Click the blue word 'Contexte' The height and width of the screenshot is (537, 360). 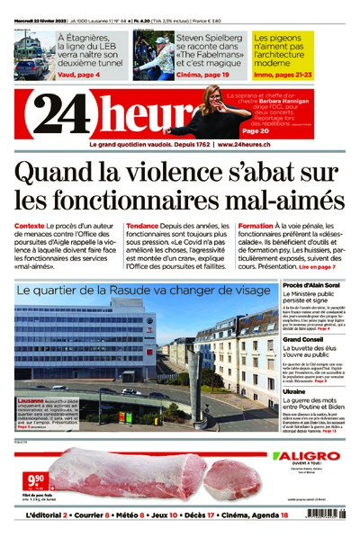[30, 226]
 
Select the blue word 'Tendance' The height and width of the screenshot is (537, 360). [142, 226]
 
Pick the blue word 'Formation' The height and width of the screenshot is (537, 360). [256, 226]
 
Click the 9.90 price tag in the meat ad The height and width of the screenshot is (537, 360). [35, 479]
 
